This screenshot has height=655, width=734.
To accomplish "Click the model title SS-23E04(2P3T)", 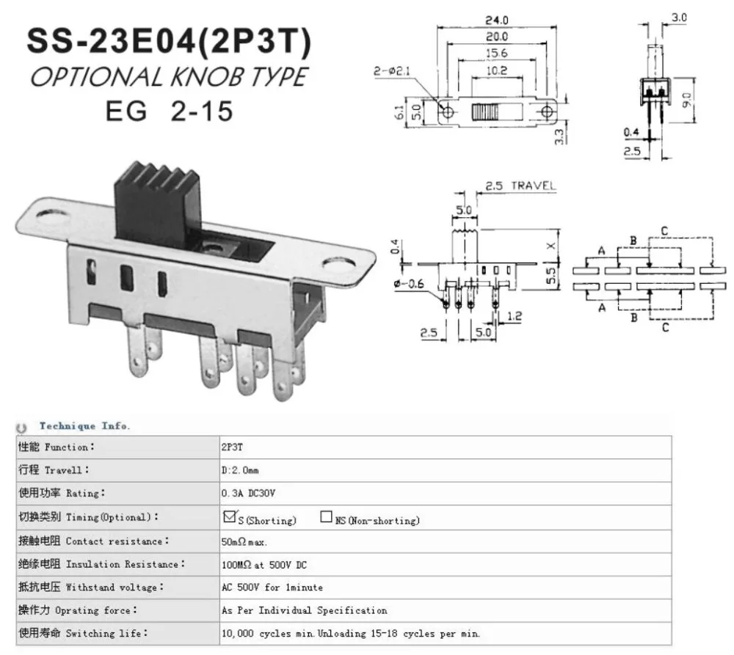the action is coord(169,41).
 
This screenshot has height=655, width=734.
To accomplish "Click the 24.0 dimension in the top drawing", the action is coord(497,20).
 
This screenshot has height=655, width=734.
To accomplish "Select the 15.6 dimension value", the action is coord(496,54).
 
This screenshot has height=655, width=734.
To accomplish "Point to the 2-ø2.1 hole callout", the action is coord(392,70).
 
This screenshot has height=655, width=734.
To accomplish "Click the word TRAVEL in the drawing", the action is coord(534,186).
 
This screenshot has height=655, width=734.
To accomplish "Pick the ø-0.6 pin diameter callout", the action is coord(409,284).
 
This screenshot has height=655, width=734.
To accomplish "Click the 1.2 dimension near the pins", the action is coord(514,316).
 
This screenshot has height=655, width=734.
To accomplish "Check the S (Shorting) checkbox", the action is coord(229,516).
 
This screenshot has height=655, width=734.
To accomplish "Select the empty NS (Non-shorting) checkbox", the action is coord(326,516).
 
